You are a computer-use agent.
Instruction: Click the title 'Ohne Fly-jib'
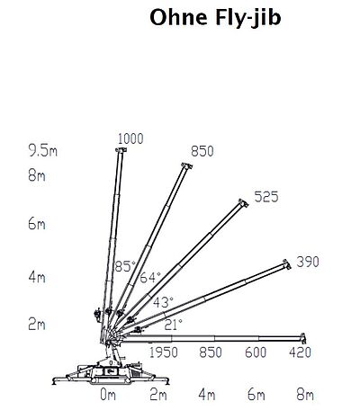pos(215,18)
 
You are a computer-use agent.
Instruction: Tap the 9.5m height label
pos(42,150)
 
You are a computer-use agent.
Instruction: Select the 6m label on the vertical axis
pos(37,224)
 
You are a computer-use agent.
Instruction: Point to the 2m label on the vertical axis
pos(37,324)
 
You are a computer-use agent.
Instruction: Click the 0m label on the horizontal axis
pos(108,395)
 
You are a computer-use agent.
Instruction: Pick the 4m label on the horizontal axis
pos(207,395)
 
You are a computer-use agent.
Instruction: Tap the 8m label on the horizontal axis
pos(305,395)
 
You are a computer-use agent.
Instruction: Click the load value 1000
pos(130,138)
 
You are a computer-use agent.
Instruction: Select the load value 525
pos(266,197)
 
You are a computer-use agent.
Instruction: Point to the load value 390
pos(308,262)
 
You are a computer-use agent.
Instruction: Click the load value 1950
pos(164,352)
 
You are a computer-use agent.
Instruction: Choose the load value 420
pos(301,352)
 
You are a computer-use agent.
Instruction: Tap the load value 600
pos(256,352)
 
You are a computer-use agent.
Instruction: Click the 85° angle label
pos(125,266)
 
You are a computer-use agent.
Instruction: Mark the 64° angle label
pos(150,278)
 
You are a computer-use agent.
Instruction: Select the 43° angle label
pos(163,302)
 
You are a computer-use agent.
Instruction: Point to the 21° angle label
pos(174,325)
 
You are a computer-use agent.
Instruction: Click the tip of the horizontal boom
pos(304,338)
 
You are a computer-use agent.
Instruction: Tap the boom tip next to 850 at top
pos(186,166)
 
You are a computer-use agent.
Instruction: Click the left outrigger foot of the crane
pos(54,381)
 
